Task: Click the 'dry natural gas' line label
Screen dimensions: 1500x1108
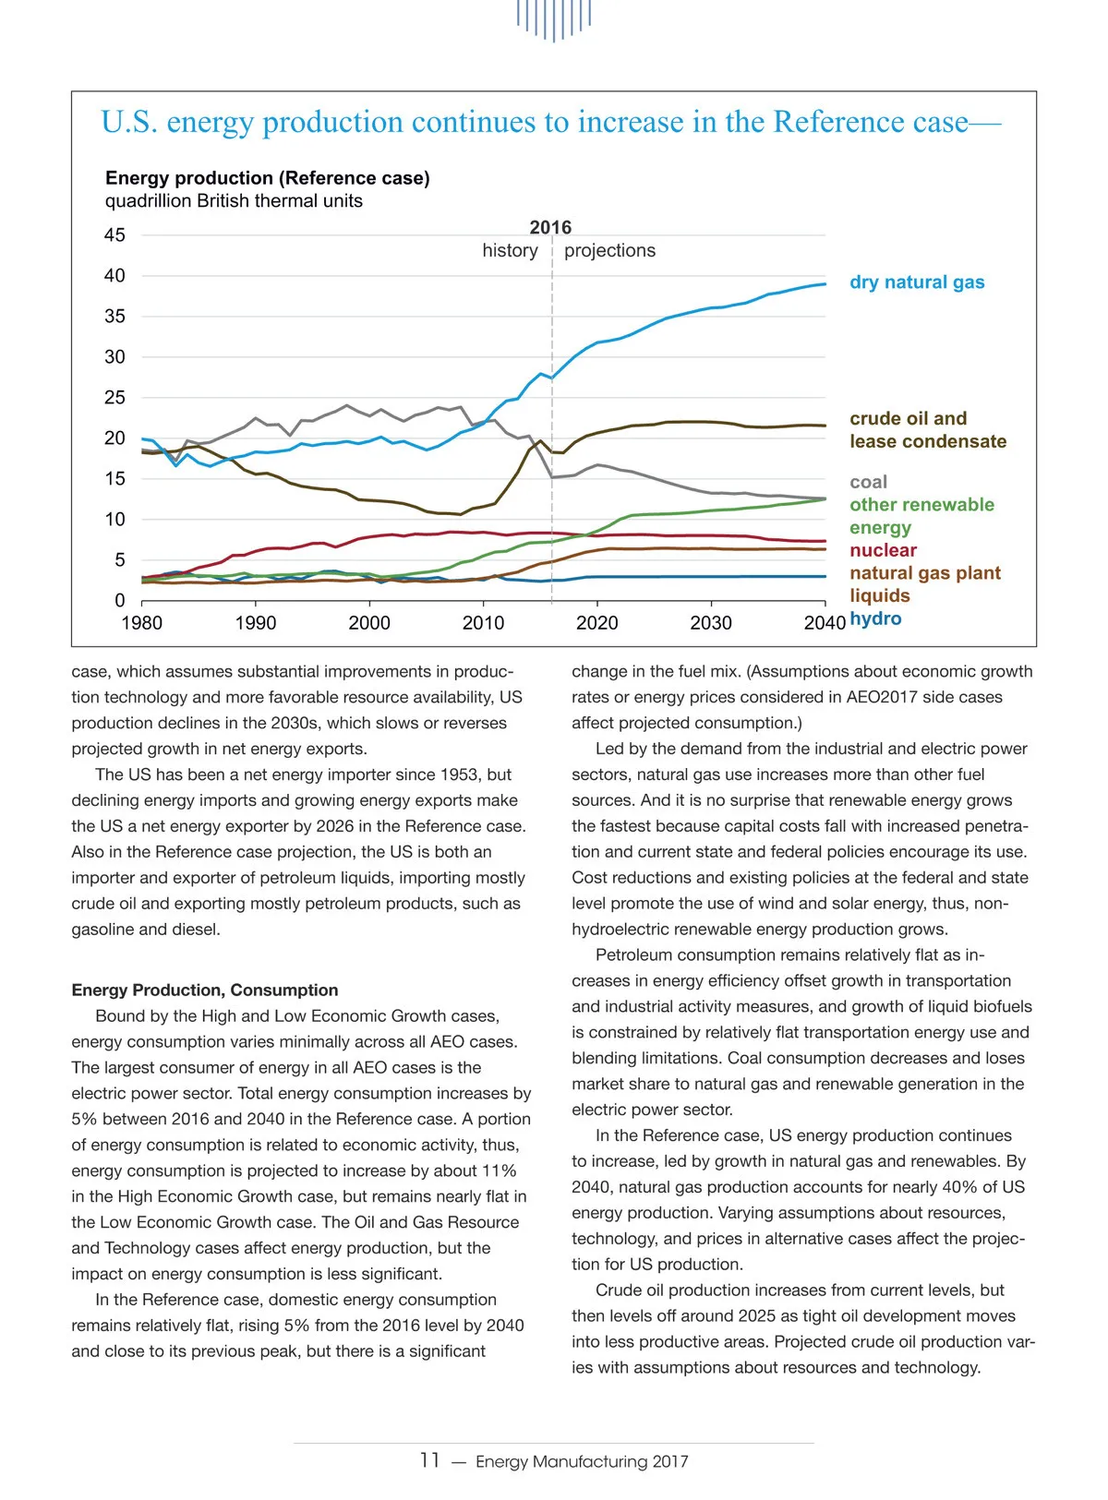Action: (x=917, y=282)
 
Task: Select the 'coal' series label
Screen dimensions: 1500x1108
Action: (x=868, y=482)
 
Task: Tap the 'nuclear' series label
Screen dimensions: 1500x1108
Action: (x=883, y=550)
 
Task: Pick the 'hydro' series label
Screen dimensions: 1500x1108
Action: (x=875, y=618)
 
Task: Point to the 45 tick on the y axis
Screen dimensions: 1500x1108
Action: (x=114, y=235)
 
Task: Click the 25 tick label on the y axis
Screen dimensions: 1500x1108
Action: (x=114, y=398)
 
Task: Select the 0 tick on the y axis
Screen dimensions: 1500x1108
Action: (x=119, y=601)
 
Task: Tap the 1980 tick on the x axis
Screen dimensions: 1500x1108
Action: (x=142, y=623)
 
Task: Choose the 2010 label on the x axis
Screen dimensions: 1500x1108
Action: (x=483, y=623)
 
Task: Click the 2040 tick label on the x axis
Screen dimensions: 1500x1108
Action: (x=825, y=623)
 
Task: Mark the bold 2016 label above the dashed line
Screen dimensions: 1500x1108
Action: (x=550, y=227)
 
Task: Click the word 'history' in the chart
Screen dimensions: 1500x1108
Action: (x=510, y=250)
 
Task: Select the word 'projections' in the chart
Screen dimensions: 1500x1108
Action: (x=609, y=250)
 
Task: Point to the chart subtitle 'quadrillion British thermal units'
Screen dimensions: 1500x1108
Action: (x=234, y=201)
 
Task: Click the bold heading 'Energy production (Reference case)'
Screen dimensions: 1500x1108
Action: (x=268, y=178)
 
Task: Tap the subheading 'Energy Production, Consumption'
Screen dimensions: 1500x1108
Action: (x=205, y=990)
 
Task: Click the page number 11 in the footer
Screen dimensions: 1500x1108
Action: (x=429, y=1460)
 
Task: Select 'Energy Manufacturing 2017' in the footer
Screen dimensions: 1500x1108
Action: (x=582, y=1461)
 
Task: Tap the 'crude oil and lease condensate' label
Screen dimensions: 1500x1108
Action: (x=927, y=430)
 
